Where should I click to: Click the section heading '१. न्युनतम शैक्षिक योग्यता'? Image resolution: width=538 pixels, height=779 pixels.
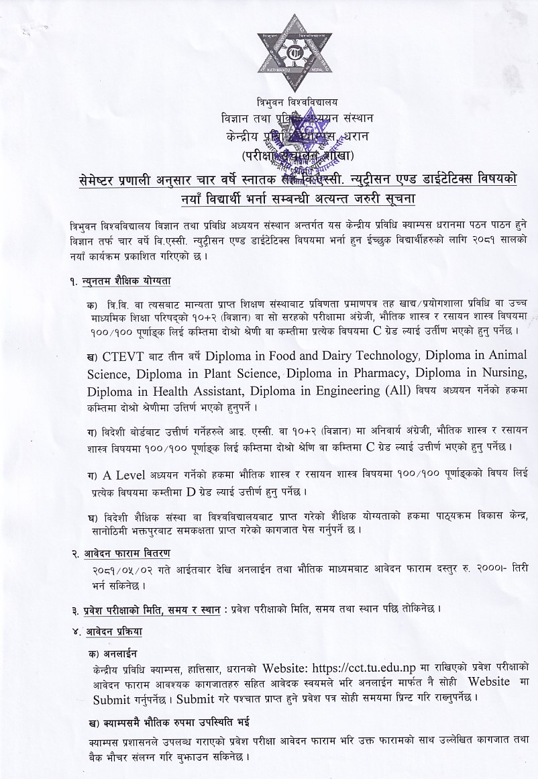[x=126, y=281]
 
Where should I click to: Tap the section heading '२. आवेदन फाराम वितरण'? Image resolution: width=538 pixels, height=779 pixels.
[x=121, y=552]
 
